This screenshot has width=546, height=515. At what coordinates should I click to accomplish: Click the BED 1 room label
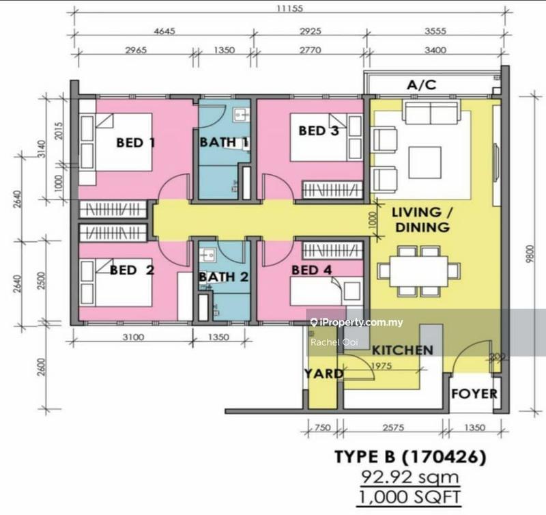pyautogui.click(x=136, y=143)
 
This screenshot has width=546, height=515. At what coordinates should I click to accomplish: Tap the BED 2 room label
pyautogui.click(x=132, y=270)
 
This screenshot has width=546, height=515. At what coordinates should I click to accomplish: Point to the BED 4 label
pyautogui.click(x=311, y=270)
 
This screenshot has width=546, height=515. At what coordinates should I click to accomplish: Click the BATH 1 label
pyautogui.click(x=225, y=143)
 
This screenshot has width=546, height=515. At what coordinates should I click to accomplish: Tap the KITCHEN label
pyautogui.click(x=402, y=350)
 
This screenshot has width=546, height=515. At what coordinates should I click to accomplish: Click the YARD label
pyautogui.click(x=324, y=374)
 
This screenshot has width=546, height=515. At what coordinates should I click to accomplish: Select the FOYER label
pyautogui.click(x=474, y=394)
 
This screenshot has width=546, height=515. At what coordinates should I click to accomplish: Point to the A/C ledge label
pyautogui.click(x=421, y=85)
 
